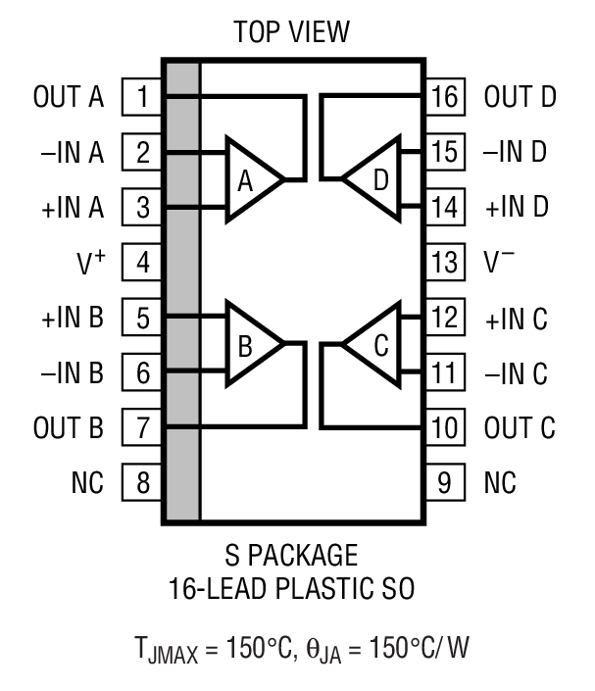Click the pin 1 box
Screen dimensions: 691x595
click(x=142, y=97)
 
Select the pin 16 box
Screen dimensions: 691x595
click(x=444, y=97)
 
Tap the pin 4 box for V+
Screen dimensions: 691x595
click(x=142, y=263)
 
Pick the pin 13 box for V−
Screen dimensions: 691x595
click(x=444, y=263)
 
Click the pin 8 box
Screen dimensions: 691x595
click(x=142, y=483)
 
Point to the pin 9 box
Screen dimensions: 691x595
click(x=444, y=483)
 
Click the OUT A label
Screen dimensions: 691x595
click(x=68, y=97)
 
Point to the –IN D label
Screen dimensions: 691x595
click(x=516, y=153)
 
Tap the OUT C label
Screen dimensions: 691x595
click(x=520, y=428)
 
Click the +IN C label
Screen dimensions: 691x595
click(x=516, y=319)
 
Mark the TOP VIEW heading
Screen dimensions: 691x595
click(x=291, y=32)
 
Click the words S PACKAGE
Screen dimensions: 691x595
click(x=291, y=556)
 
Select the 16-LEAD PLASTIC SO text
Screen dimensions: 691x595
click(x=291, y=589)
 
